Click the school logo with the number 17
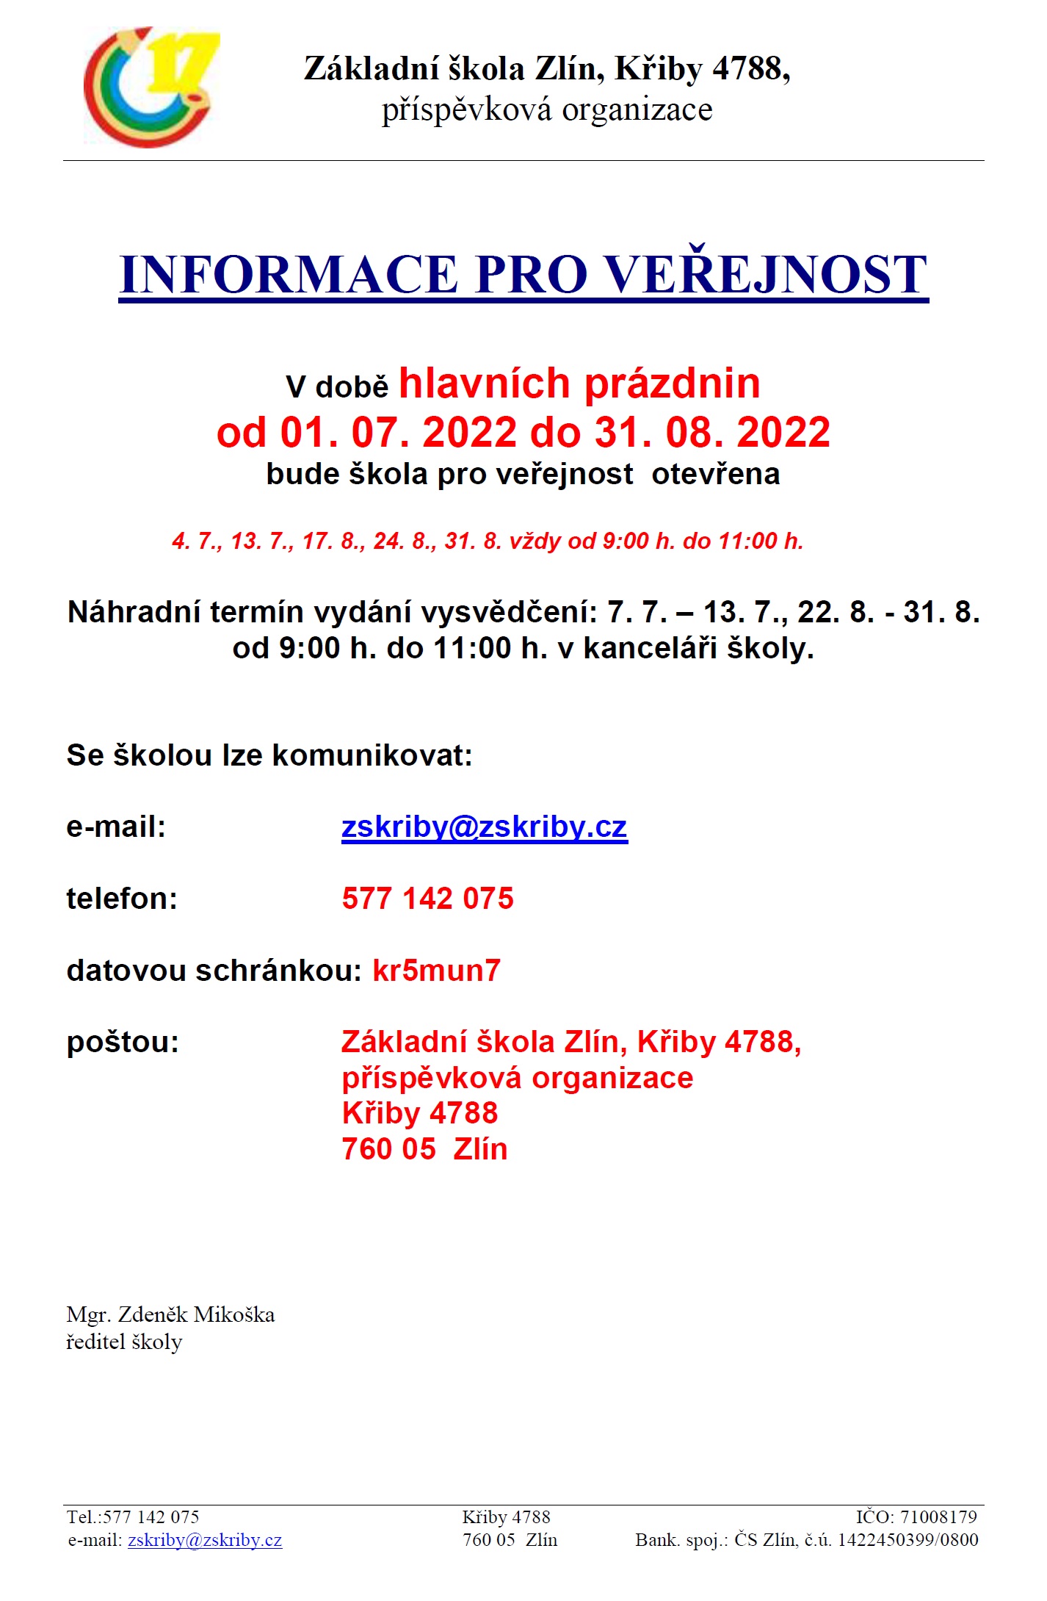pyautogui.click(x=151, y=87)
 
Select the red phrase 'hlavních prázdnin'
pyautogui.click(x=579, y=384)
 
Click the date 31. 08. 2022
pyautogui.click(x=712, y=432)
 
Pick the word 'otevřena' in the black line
pyautogui.click(x=715, y=474)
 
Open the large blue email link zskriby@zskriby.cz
pyautogui.click(x=485, y=827)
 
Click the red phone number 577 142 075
pyautogui.click(x=428, y=899)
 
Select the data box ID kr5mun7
pyautogui.click(x=437, y=971)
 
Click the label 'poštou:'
pyautogui.click(x=123, y=1042)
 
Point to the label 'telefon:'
pyautogui.click(x=122, y=899)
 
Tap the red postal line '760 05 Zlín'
pyautogui.click(x=424, y=1149)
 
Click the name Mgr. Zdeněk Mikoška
pyautogui.click(x=170, y=1314)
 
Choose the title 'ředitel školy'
pyautogui.click(x=124, y=1342)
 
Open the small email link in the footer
pyautogui.click(x=205, y=1540)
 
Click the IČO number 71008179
pyautogui.click(x=938, y=1517)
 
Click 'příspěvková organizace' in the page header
pyautogui.click(x=547, y=110)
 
